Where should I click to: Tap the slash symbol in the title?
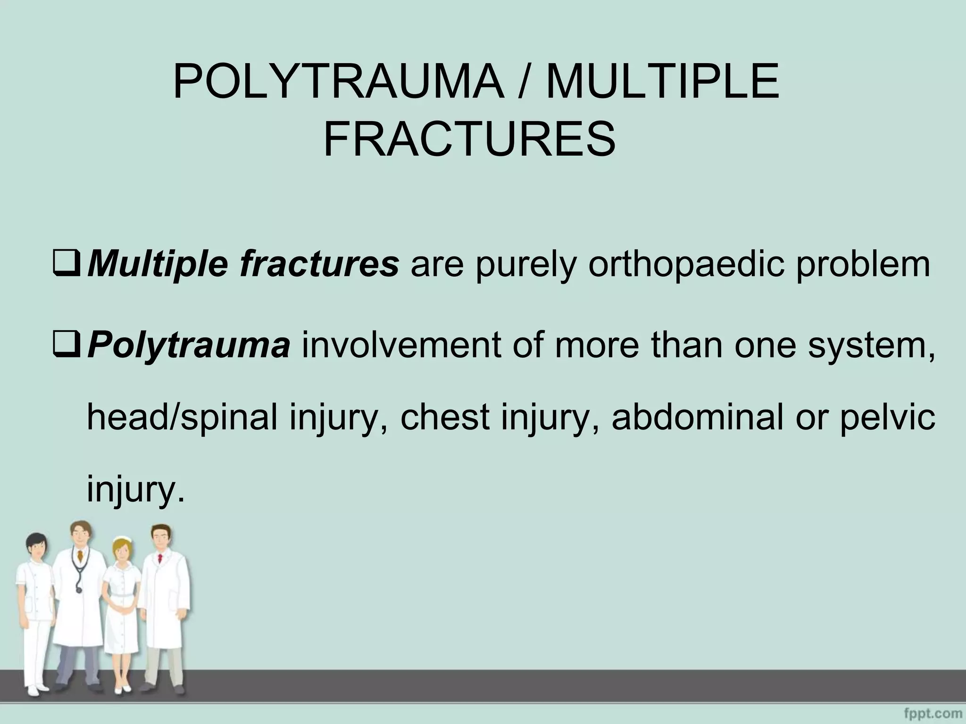coord(524,83)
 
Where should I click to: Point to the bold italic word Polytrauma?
coord(189,346)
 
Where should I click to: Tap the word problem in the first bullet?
coord(863,265)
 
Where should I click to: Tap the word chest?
coord(444,417)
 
